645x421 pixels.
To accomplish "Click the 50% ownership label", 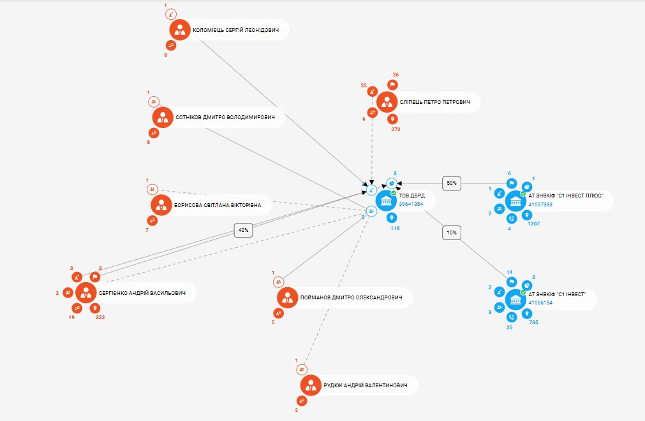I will click(452, 183).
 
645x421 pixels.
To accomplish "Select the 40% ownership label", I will click(243, 230).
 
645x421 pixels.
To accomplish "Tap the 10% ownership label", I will click(452, 233).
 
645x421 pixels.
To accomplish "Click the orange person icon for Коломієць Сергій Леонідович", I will click(180, 29).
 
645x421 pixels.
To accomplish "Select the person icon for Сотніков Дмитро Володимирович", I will click(163, 117).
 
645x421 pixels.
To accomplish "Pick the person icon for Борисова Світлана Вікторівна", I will click(161, 205).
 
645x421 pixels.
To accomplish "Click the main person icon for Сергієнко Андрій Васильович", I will click(85, 293).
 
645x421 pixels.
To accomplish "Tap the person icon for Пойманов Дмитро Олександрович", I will click(288, 297).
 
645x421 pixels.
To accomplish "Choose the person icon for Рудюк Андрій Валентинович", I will click(311, 385).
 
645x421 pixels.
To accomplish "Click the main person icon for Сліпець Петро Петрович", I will click(387, 101).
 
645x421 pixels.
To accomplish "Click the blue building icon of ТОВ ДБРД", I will click(386, 201).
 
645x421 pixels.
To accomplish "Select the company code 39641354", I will click(411, 204).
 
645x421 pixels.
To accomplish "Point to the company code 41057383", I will click(541, 204).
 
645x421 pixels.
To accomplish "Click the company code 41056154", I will click(540, 303).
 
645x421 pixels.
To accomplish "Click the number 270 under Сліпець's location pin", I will click(396, 129).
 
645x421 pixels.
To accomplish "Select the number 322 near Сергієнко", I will click(100, 317).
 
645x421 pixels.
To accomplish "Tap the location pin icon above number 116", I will click(392, 217).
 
